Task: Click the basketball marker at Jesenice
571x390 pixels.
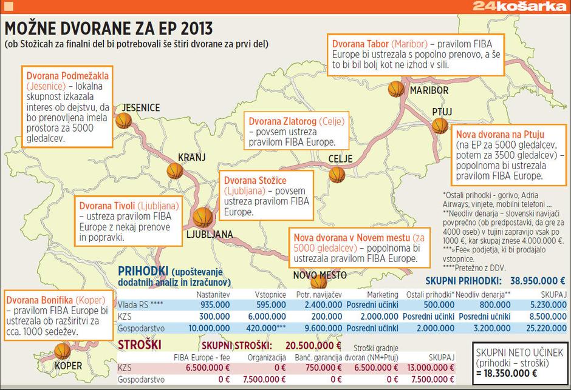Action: point(124,121)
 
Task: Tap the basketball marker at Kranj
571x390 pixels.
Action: point(176,170)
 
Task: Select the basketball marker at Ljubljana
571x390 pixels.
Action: point(202,217)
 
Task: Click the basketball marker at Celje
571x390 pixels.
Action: point(337,175)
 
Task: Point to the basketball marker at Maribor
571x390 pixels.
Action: point(396,89)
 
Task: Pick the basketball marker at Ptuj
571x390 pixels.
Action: point(440,126)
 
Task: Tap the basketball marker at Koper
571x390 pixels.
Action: point(62,350)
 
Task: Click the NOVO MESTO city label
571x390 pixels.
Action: point(320,275)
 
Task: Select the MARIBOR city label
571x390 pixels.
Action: point(429,90)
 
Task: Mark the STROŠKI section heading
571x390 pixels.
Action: point(140,345)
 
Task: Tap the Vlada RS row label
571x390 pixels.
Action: point(138,305)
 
